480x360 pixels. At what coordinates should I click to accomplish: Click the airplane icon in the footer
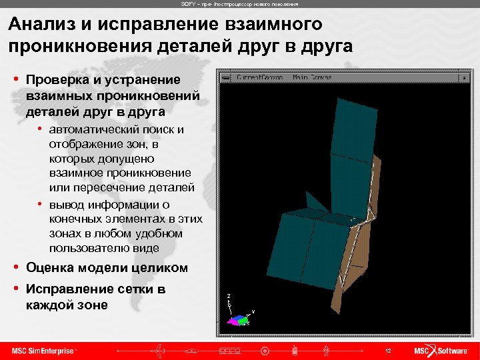point(157,351)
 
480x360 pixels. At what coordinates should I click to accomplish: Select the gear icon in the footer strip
point(265,351)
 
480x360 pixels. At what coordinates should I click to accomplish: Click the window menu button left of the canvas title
point(227,77)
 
